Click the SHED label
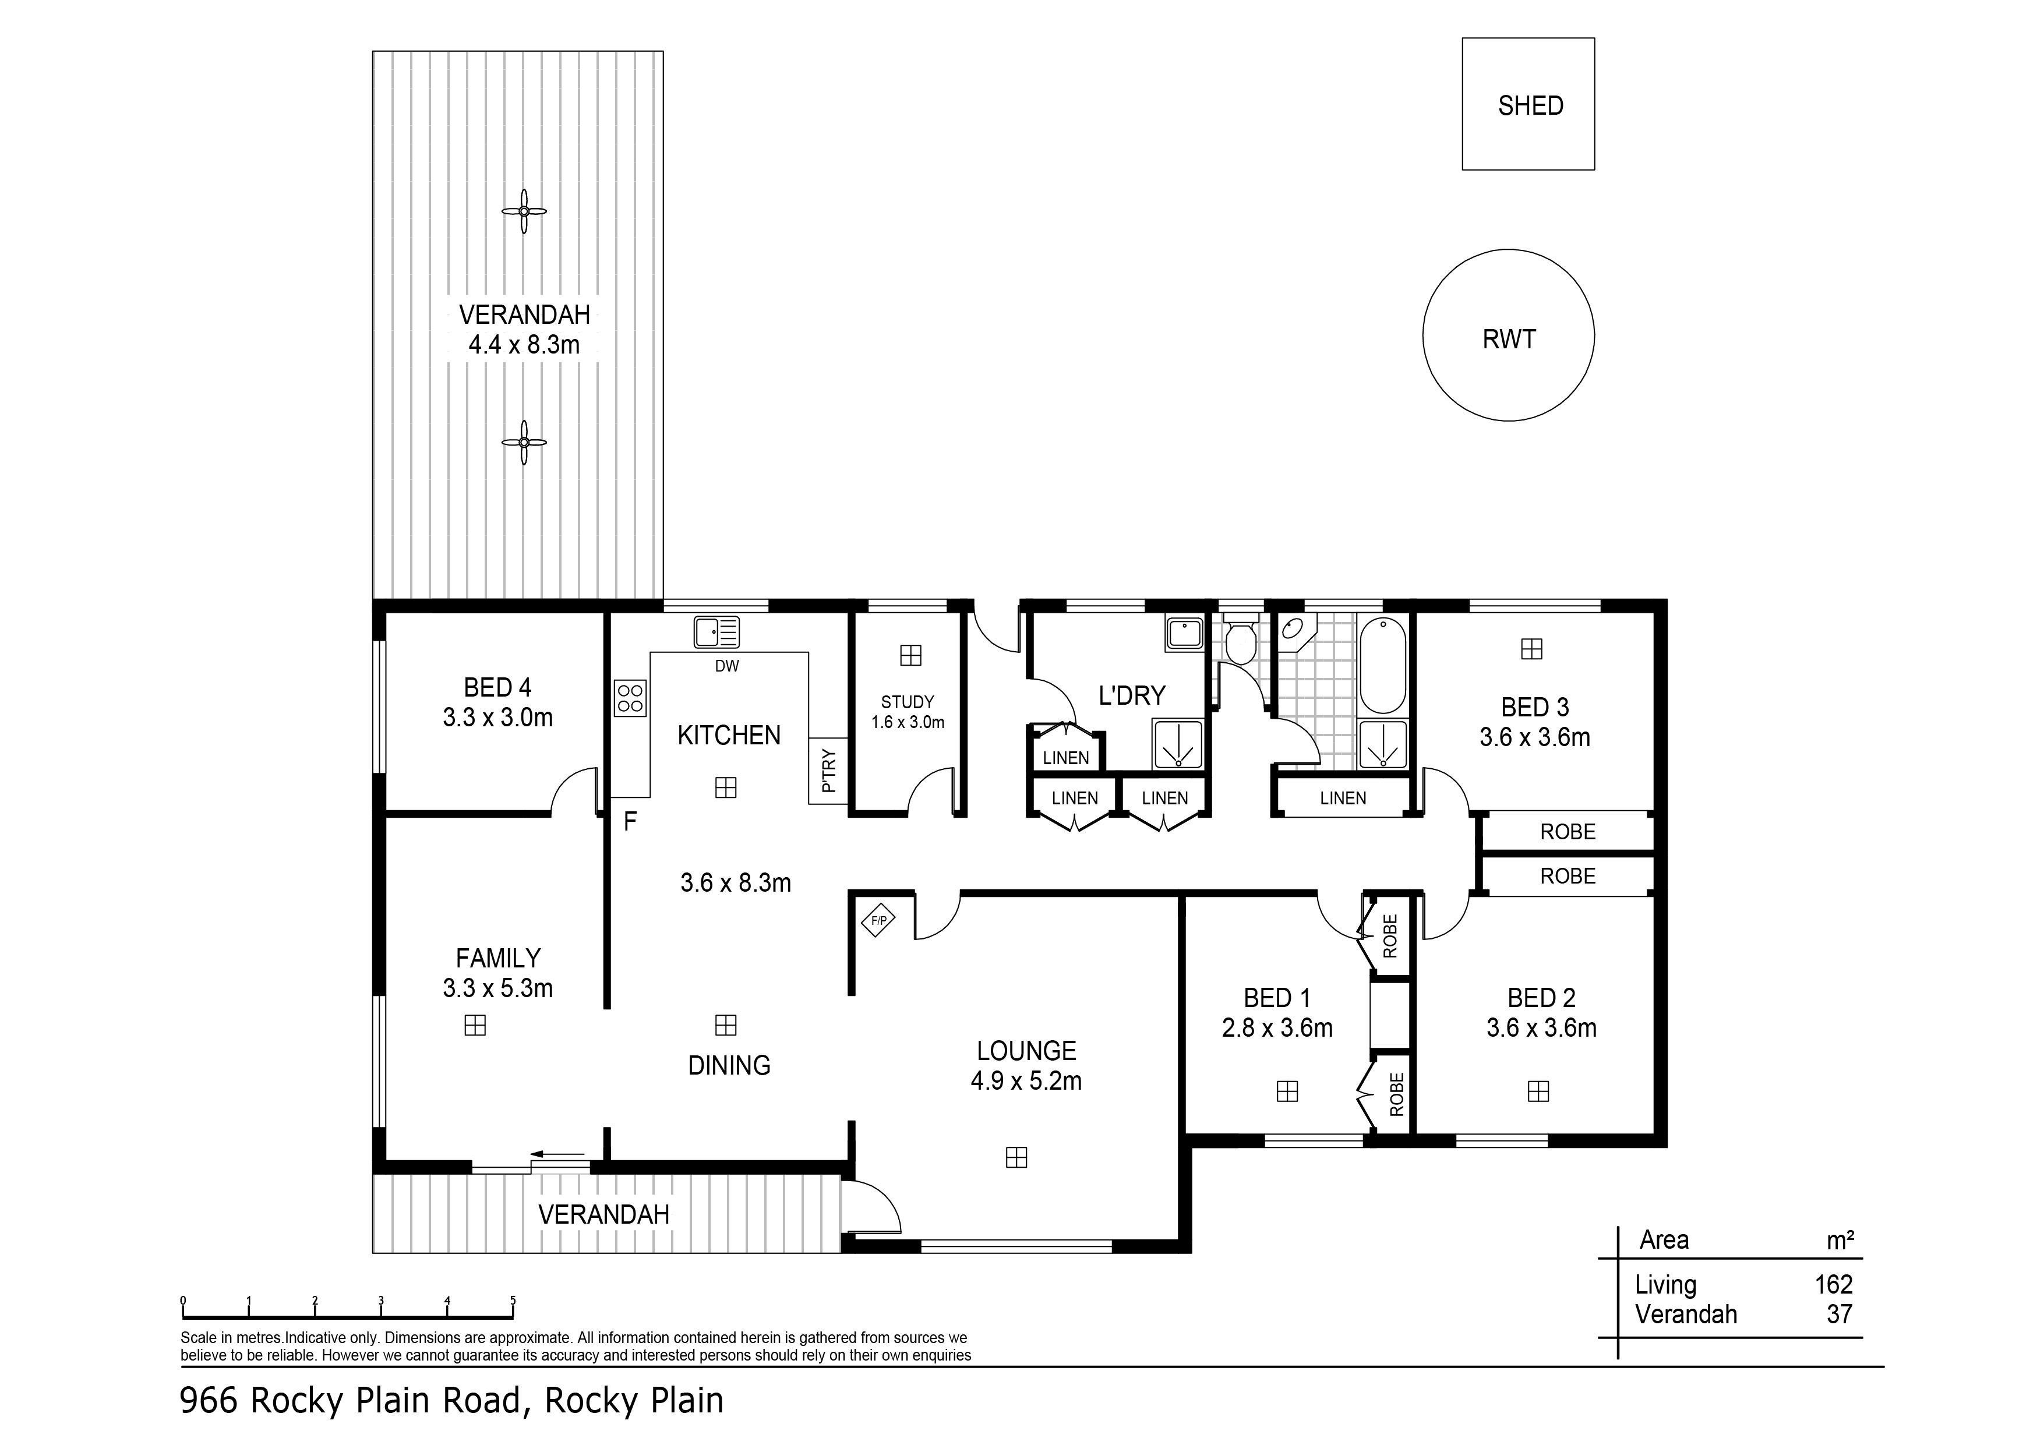[x=1530, y=106]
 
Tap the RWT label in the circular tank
[x=1509, y=339]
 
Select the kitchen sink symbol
[x=716, y=632]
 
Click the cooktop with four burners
[x=630, y=697]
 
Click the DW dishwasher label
[x=726, y=666]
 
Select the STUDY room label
[x=907, y=702]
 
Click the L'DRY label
[x=1131, y=695]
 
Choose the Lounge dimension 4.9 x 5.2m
[x=1026, y=1081]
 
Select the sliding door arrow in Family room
[x=557, y=1156]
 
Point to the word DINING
[x=729, y=1066]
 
